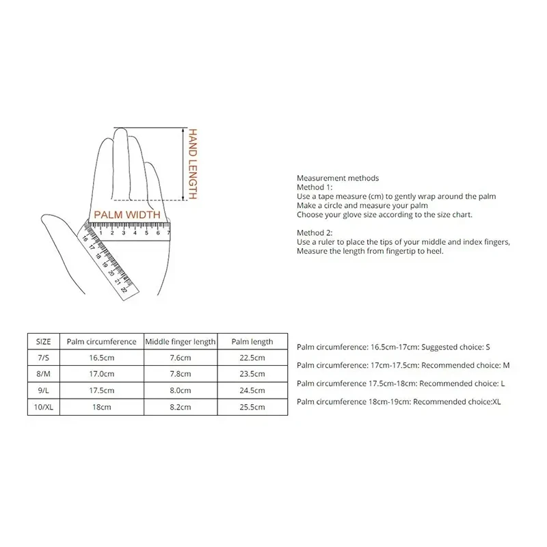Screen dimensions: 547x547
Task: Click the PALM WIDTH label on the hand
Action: click(127, 215)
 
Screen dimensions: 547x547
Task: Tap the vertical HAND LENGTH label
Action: click(194, 164)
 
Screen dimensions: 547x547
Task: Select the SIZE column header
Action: click(43, 341)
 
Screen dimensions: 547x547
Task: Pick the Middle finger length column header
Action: click(181, 341)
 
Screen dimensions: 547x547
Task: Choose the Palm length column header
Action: click(252, 341)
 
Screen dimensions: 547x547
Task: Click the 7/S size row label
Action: click(43, 358)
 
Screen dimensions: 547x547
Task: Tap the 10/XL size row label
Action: click(43, 407)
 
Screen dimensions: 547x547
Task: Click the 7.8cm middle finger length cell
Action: click(181, 374)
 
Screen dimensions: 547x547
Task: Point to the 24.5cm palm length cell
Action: click(252, 390)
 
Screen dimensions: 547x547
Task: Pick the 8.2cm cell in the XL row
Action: click(181, 407)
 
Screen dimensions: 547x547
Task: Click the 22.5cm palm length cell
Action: click(252, 358)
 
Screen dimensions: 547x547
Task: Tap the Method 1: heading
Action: click(314, 187)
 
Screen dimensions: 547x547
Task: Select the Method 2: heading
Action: click(314, 233)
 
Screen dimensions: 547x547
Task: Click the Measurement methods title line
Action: click(338, 178)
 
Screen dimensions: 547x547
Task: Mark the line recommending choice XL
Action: click(399, 402)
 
